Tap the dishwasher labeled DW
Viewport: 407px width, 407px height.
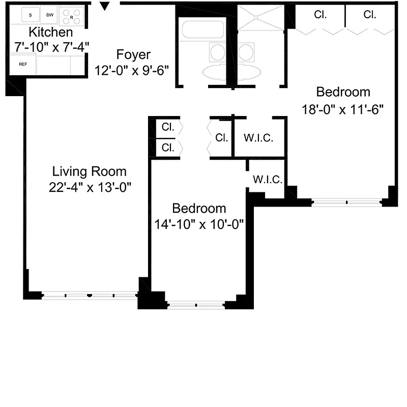tap(49, 15)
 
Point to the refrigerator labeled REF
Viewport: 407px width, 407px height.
tap(23, 64)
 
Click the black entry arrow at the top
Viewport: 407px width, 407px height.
tap(105, 7)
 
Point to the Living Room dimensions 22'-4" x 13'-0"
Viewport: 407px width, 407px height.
tap(91, 187)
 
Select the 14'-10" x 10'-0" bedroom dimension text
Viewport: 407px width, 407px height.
tap(199, 224)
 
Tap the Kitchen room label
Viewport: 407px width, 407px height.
tap(50, 33)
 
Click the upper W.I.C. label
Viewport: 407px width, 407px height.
tap(259, 138)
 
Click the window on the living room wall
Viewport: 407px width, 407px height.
tap(90, 295)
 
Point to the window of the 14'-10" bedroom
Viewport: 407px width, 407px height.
tap(196, 306)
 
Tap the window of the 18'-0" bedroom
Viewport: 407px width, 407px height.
tap(347, 202)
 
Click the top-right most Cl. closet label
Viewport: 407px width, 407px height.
tap(370, 15)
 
